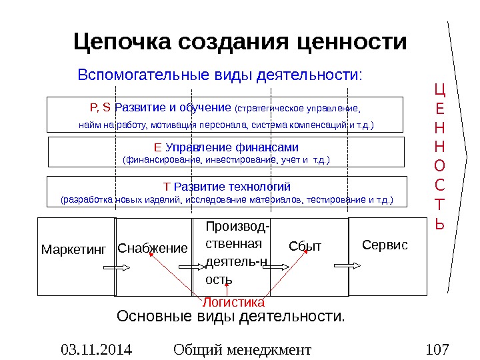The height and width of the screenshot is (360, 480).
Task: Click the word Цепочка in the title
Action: (x=123, y=42)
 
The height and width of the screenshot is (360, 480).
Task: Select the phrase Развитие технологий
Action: (x=232, y=186)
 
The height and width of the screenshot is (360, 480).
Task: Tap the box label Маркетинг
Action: (x=73, y=250)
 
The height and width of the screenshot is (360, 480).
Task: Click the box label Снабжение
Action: (x=153, y=249)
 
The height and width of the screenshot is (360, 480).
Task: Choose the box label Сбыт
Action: (x=305, y=247)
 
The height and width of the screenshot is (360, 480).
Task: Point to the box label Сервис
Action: (x=385, y=245)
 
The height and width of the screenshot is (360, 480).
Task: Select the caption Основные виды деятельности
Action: (x=231, y=315)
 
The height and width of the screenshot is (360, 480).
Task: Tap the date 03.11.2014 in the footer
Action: (x=97, y=349)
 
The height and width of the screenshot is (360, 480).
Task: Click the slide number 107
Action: (x=437, y=349)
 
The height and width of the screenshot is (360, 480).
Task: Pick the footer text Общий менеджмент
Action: (x=241, y=349)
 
